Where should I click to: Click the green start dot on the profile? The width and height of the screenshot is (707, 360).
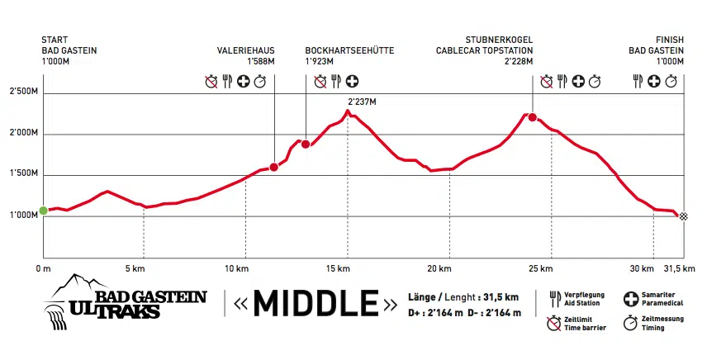click(x=43, y=211)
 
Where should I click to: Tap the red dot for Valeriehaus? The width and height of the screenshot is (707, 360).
click(x=273, y=167)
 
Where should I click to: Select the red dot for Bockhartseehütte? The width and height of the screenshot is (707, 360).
click(x=306, y=144)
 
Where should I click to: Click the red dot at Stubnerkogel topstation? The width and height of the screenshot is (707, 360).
click(x=533, y=117)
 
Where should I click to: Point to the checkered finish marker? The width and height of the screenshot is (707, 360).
click(x=679, y=216)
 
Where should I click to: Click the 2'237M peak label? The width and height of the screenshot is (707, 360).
click(x=362, y=102)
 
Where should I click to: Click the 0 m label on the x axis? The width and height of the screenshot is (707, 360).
click(x=44, y=269)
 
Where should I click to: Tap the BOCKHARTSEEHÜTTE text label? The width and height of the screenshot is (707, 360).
click(x=349, y=50)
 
